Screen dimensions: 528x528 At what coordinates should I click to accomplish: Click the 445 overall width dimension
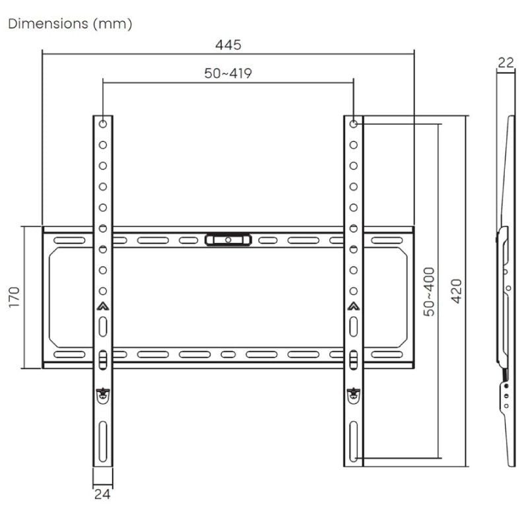click(x=228, y=45)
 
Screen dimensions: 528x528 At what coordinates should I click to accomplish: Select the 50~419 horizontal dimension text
click(x=228, y=73)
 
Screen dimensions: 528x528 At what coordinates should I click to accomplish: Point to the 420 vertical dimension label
click(x=456, y=291)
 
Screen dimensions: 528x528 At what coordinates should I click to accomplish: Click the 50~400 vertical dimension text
click(x=429, y=291)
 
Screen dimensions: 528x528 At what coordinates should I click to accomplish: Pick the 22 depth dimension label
click(x=506, y=63)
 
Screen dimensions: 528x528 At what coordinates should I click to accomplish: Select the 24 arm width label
click(x=102, y=492)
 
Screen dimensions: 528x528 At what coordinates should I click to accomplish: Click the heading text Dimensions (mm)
click(x=70, y=24)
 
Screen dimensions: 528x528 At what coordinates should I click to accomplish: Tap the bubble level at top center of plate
click(x=228, y=239)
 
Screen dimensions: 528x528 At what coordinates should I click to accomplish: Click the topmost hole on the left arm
click(x=103, y=123)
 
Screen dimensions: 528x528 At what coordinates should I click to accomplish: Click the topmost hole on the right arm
click(x=354, y=123)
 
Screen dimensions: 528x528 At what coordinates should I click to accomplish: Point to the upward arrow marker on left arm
click(x=103, y=306)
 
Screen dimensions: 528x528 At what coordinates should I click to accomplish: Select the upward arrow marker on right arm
click(x=354, y=306)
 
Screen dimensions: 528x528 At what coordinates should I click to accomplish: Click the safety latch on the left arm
click(x=103, y=395)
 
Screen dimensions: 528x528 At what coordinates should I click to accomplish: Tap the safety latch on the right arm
click(x=354, y=395)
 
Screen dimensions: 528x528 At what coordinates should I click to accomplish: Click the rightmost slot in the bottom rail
click(x=387, y=354)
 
